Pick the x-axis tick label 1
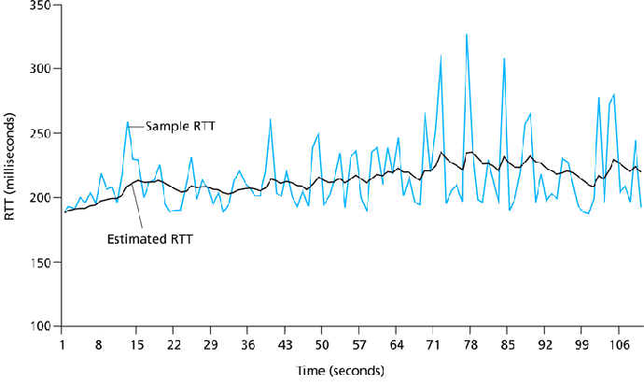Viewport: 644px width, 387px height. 62,345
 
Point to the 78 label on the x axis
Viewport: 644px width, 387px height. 470,345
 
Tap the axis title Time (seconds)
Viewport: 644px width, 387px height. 339,371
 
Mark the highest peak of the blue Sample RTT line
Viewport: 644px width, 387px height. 467,35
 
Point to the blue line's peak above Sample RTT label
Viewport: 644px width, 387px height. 128,122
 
